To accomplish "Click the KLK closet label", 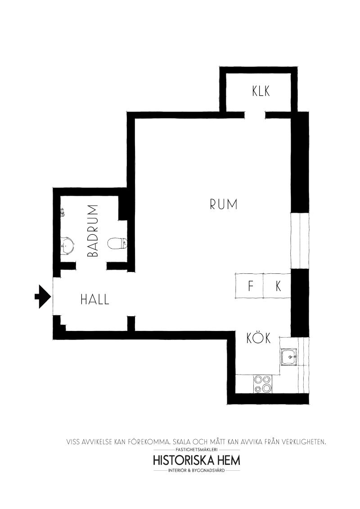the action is tap(261, 91).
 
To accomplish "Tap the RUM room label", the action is tap(224, 204).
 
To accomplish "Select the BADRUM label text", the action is tap(93, 231).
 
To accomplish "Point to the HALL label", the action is tap(95, 299).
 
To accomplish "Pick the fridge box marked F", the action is tap(249, 286).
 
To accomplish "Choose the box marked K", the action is tap(277, 286).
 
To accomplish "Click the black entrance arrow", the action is tap(42, 296).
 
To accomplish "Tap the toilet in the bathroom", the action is tap(117, 243).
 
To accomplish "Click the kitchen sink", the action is tap(289, 357).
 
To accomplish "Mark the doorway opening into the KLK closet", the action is tap(255, 115).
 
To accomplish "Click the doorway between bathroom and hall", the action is tap(91, 266).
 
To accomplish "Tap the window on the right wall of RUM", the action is tap(300, 241).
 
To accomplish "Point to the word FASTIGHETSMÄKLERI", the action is tap(196, 450).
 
